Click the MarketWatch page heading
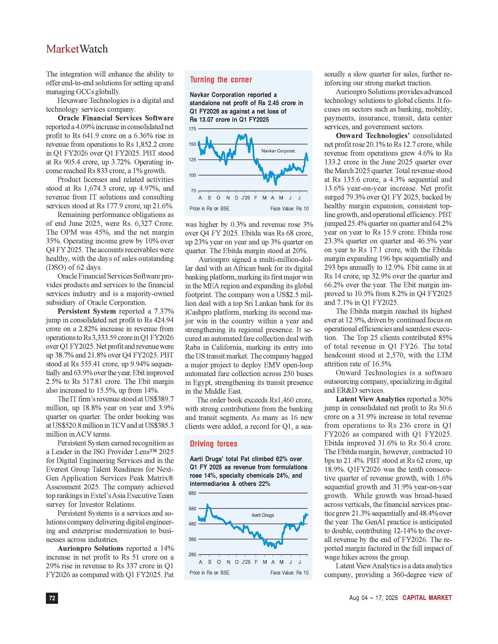[77, 49]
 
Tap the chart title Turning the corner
[221, 80]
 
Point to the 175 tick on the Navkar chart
[192, 129]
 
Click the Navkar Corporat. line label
[278, 151]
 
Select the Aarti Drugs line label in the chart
[262, 515]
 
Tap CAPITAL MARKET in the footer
[427, 598]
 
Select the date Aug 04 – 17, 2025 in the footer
[373, 598]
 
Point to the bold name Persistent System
[87, 311]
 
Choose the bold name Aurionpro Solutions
[90, 548]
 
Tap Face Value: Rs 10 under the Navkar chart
[289, 209]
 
